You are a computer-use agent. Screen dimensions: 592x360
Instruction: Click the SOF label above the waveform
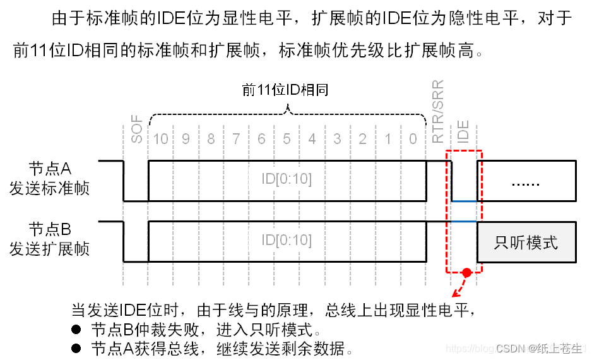coord(136,130)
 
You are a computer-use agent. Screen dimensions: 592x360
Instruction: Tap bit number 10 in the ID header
coord(161,138)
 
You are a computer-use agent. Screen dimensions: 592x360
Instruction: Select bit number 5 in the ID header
coord(287,138)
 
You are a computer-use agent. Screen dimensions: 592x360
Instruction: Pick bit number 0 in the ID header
coord(413,138)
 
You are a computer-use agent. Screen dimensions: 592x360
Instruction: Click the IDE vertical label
coord(464,133)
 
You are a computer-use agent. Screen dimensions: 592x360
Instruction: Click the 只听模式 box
coord(526,242)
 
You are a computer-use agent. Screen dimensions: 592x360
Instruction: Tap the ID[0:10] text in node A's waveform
coord(287,179)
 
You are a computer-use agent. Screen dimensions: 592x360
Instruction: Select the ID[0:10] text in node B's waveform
coord(287,240)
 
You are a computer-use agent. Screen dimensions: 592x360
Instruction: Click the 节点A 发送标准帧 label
coord(49,179)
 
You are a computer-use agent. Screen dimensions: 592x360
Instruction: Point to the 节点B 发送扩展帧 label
coord(49,239)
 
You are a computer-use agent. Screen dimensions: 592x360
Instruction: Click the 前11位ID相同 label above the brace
coord(285,90)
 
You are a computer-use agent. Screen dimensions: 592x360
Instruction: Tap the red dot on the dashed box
coord(466,273)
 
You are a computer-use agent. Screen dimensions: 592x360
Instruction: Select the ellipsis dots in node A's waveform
coord(526,183)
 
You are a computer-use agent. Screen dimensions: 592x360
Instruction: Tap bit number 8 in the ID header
coord(211,138)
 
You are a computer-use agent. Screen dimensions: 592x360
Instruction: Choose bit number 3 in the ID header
coord(337,138)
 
